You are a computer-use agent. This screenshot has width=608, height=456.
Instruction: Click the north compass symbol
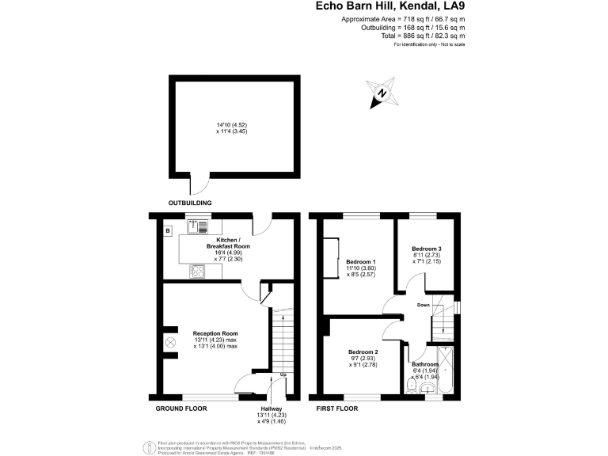point(382,93)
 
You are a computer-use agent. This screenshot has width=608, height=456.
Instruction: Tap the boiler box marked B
point(168,231)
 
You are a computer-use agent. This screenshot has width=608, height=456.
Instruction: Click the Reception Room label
point(215,333)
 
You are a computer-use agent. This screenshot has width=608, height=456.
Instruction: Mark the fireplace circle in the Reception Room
point(170,343)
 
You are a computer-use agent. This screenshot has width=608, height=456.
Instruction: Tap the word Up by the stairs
point(283,374)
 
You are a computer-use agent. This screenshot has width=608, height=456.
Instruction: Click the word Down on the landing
point(424,305)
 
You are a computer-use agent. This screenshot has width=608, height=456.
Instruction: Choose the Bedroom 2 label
point(365,351)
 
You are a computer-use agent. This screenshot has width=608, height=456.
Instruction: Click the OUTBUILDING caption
point(189,203)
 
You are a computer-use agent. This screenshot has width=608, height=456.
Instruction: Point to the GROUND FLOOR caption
point(181,408)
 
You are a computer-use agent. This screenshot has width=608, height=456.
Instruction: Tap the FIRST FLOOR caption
point(337,408)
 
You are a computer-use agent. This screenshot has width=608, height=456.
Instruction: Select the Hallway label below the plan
point(265,408)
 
